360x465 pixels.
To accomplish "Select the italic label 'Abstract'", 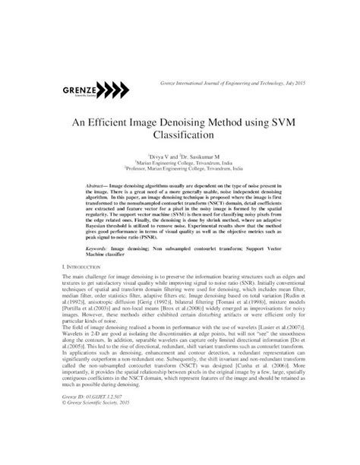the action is coord(97,185).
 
